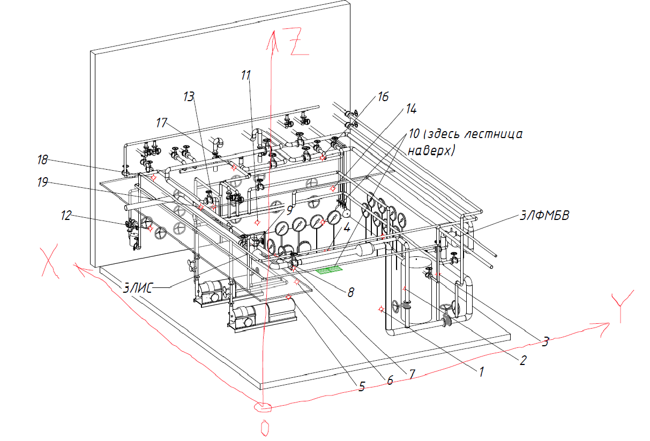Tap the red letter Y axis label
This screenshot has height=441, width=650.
click(622, 306)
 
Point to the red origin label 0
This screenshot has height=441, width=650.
click(265, 428)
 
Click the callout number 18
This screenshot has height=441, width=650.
click(42, 160)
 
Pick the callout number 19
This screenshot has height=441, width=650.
click(42, 183)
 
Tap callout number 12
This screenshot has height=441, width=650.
click(66, 216)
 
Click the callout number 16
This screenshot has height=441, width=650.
click(383, 97)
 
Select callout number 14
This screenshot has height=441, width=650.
click(411, 109)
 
